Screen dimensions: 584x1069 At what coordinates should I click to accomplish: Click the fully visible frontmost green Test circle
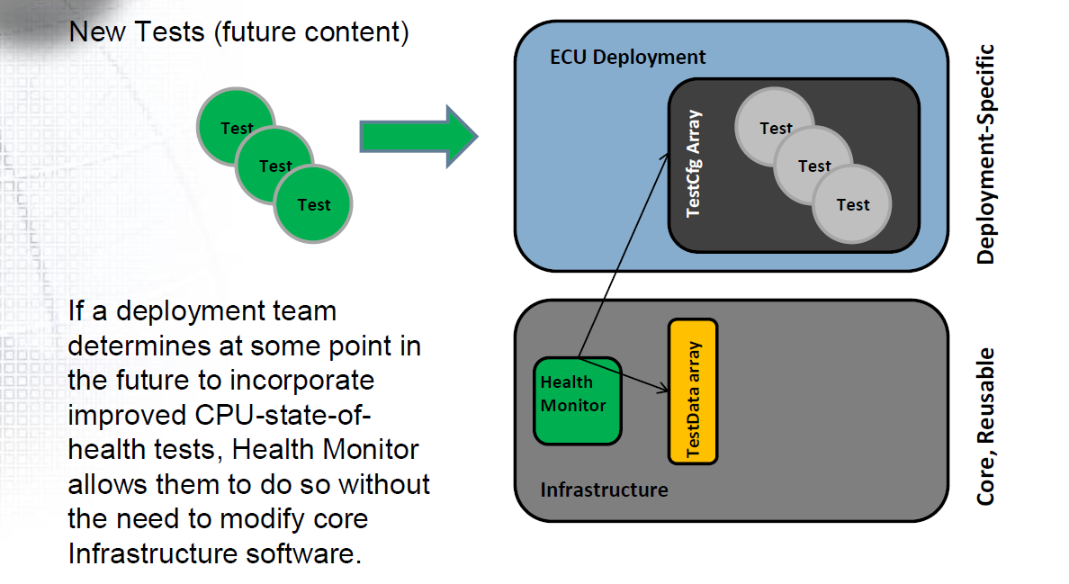click(x=314, y=204)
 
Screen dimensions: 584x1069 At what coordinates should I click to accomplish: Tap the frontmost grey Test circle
click(x=852, y=204)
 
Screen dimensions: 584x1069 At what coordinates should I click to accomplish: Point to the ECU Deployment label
click(x=627, y=58)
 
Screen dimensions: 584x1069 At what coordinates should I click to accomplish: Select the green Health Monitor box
click(x=577, y=400)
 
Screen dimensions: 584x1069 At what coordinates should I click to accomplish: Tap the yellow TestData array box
click(x=693, y=391)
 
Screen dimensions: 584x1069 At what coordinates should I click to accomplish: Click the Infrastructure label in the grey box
click(x=604, y=490)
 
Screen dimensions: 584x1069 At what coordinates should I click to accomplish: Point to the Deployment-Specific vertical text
click(x=986, y=154)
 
